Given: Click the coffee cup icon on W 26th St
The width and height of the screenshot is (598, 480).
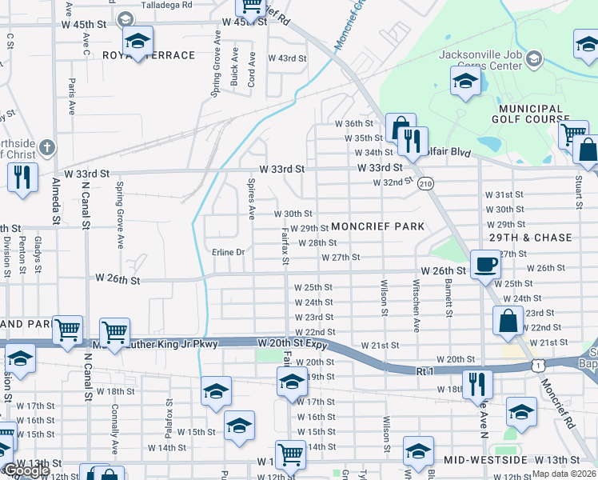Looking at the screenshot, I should (x=485, y=263).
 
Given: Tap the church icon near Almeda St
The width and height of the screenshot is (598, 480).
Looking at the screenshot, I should (x=48, y=147).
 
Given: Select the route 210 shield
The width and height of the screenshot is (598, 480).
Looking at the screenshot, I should (x=425, y=183).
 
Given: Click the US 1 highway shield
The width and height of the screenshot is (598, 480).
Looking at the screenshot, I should (x=540, y=365).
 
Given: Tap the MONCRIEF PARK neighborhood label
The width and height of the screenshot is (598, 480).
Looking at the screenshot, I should (x=377, y=226).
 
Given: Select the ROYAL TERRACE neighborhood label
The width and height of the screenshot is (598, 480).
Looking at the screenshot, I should (x=149, y=55).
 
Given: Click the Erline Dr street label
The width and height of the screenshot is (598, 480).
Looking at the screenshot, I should (x=228, y=252).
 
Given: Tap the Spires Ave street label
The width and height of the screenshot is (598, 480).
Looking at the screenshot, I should (x=251, y=199).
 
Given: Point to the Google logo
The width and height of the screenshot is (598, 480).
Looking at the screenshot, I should (x=26, y=470).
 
